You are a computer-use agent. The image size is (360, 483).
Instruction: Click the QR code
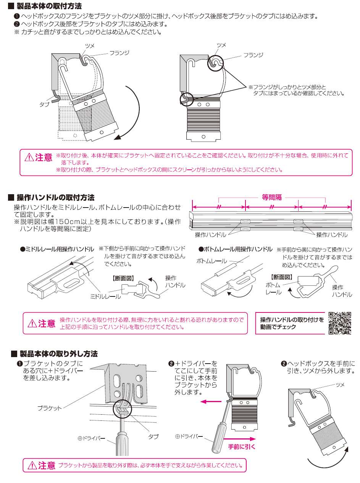(x=340, y=323)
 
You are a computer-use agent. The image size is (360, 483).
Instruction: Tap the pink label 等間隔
(x=272, y=197)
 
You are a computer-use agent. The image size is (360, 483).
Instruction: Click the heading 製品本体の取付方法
(x=49, y=6)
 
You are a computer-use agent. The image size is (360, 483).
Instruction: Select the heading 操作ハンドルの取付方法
(x=56, y=198)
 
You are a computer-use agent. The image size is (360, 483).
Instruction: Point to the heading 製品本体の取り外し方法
(x=59, y=354)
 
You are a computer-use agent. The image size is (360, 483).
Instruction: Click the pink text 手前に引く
(x=242, y=447)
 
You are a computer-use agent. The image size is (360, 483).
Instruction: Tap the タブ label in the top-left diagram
(x=44, y=105)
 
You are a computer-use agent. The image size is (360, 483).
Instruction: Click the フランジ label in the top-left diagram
(x=119, y=53)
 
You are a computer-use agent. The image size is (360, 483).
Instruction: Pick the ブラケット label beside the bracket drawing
(x=50, y=408)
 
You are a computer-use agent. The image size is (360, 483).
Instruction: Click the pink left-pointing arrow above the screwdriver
(x=211, y=401)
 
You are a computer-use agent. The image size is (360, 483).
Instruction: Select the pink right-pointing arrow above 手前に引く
(x=240, y=439)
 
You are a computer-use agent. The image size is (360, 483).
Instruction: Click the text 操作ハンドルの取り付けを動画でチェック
(x=292, y=323)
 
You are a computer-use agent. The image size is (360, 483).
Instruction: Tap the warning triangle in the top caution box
(x=29, y=157)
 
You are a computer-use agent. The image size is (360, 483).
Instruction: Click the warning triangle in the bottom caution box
(x=32, y=465)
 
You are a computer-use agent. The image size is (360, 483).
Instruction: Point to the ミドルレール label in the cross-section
(x=105, y=296)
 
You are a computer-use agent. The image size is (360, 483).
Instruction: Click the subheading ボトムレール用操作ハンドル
(x=236, y=250)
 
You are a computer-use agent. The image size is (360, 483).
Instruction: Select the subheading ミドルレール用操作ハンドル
(x=57, y=249)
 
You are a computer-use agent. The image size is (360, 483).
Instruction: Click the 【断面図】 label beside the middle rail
(x=123, y=278)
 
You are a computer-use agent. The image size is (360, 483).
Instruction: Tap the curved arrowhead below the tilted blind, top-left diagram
(x=117, y=137)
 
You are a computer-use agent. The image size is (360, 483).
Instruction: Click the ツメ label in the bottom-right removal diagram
(x=340, y=385)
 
